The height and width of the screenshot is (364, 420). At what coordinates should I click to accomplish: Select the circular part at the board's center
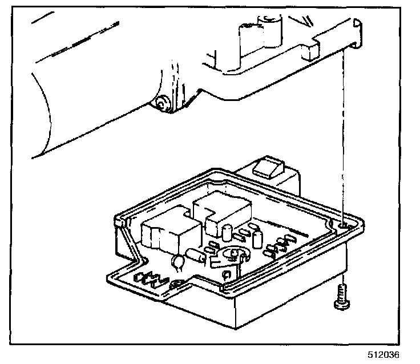point(234,253)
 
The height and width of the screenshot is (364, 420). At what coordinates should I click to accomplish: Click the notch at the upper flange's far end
point(357,26)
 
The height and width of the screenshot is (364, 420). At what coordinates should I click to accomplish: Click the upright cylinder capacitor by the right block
point(227,233)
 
